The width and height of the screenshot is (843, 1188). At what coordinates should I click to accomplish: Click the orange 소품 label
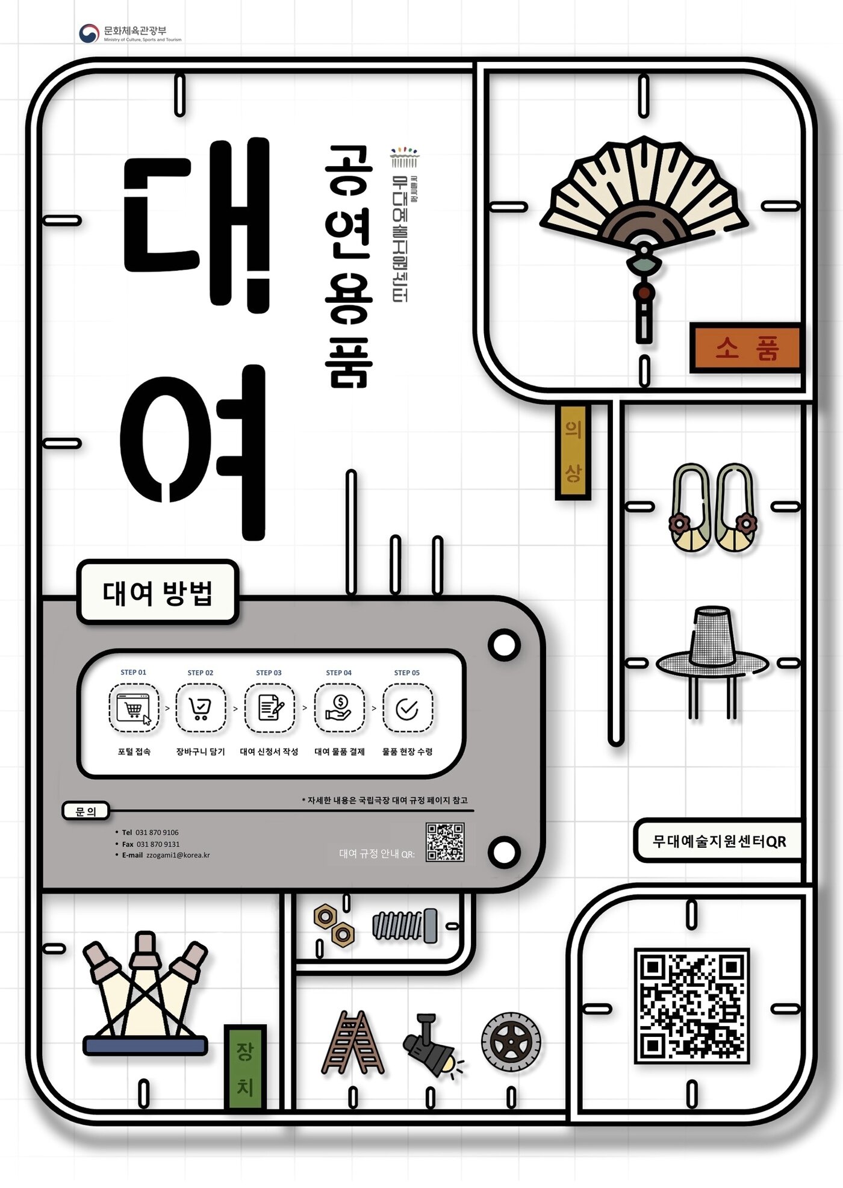tap(745, 348)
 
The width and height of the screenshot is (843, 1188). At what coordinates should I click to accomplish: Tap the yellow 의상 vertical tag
tap(572, 451)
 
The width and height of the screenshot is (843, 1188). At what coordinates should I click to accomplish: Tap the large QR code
tap(691, 1005)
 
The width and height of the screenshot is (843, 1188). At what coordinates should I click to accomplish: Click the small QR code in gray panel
tap(444, 842)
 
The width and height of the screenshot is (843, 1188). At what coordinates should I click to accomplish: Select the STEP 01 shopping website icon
tap(134, 708)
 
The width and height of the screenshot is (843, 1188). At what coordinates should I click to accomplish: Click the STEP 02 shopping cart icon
tap(201, 708)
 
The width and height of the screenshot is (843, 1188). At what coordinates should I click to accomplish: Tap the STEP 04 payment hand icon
tap(339, 708)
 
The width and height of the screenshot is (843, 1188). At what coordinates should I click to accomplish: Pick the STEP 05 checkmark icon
tap(408, 709)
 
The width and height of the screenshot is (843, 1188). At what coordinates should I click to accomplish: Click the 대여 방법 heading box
tap(158, 592)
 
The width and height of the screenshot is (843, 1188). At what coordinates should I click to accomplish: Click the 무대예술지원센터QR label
tap(719, 841)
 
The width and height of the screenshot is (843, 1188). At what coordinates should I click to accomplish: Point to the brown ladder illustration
tap(353, 1043)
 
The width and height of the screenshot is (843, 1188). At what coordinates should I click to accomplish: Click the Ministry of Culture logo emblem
tap(89, 33)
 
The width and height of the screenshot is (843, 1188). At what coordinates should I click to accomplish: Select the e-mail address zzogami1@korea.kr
tap(178, 855)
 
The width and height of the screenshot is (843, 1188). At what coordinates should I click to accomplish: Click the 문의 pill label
tap(86, 811)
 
